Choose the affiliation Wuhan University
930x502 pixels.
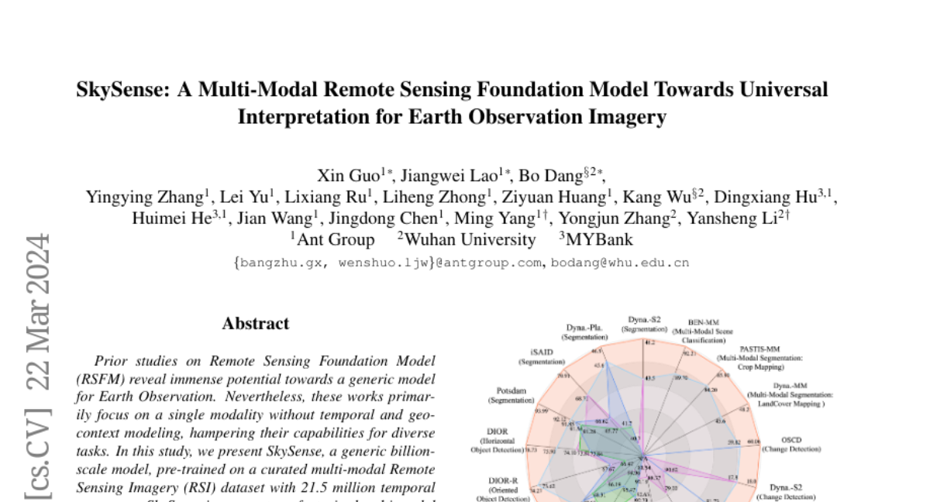(x=470, y=240)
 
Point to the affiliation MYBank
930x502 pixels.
(x=599, y=240)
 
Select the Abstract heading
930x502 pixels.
(x=256, y=324)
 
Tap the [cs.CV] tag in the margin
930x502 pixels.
(x=37, y=450)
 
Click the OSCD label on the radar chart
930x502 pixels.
(x=791, y=440)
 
